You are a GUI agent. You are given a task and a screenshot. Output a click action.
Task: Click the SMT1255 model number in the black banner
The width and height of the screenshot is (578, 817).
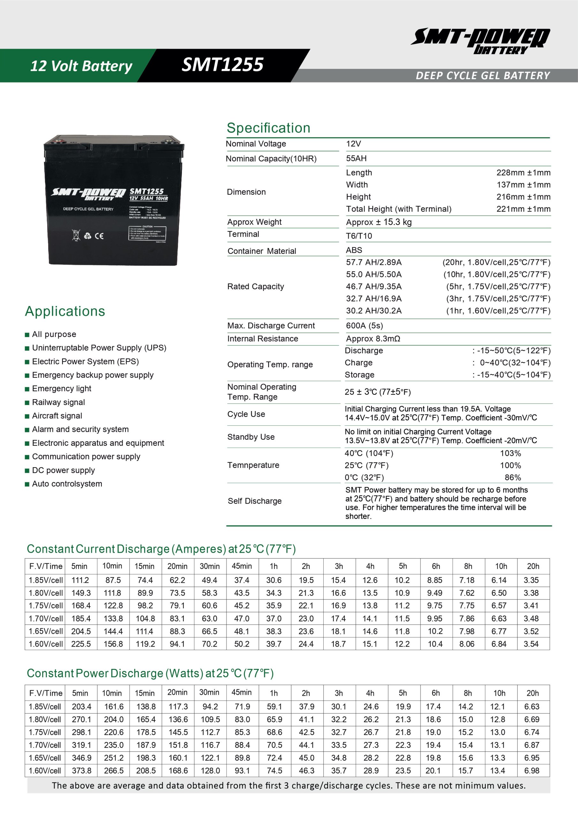[222, 65]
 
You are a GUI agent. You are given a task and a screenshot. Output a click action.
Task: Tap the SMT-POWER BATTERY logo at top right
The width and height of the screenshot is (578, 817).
[480, 41]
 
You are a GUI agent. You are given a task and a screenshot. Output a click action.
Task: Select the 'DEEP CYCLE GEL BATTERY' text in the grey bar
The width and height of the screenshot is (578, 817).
[483, 75]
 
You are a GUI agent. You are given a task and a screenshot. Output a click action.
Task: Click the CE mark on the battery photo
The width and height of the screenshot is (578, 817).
[99, 236]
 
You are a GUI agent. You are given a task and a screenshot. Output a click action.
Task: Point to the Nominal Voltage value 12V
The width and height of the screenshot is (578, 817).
[353, 144]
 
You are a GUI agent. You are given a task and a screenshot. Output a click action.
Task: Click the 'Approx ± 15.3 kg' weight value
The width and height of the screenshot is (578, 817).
[379, 222]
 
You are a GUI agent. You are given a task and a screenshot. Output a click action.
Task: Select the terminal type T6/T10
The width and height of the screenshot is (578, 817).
[359, 236]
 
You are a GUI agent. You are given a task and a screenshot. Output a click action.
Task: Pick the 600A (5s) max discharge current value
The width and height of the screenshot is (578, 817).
[364, 326]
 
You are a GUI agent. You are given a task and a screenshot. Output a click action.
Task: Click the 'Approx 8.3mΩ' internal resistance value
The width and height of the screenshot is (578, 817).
[373, 338]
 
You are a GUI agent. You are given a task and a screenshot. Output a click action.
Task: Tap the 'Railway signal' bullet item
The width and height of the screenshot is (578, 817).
[58, 402]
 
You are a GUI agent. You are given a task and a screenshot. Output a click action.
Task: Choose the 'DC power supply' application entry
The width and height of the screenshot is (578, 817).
[63, 470]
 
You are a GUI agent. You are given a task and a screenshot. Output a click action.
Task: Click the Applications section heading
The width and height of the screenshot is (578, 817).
[65, 311]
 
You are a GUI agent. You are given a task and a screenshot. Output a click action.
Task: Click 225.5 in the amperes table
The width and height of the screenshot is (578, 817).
[81, 644]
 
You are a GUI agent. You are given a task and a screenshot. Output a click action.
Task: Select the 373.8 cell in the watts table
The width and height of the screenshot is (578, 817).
[81, 770]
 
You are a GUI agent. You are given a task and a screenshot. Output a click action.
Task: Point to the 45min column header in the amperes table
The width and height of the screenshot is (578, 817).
[242, 566]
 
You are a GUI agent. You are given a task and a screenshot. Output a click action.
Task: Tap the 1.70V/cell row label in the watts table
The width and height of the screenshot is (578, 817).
[45, 745]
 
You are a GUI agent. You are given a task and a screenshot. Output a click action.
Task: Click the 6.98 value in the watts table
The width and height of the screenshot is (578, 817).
[532, 770]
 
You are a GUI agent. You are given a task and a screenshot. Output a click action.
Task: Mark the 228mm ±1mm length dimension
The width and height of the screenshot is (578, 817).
[523, 173]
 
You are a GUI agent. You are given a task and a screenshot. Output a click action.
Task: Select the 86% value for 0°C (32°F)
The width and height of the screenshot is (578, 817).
[513, 477]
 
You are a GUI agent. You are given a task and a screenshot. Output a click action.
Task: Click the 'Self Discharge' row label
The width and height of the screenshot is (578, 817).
[254, 501]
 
